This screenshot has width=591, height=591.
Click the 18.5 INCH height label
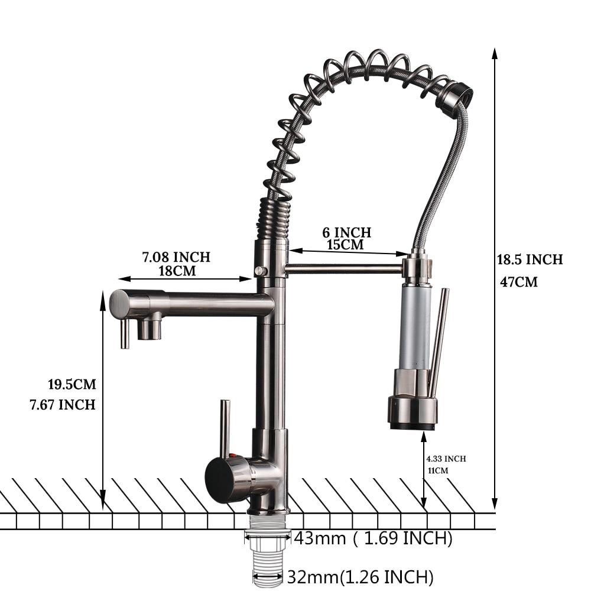pos(530,259)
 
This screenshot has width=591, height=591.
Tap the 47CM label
pos(519,282)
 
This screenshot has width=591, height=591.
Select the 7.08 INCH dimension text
pos(176,257)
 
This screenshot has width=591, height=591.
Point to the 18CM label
pos(177,271)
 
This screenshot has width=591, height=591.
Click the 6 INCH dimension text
pos(347,232)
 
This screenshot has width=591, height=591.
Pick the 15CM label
pos(345,245)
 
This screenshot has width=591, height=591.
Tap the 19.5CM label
pos(72,385)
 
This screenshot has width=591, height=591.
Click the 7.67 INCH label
pos(63,405)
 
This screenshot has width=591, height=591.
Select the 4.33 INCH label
pos(446,459)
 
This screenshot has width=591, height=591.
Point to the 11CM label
pos(438,470)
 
